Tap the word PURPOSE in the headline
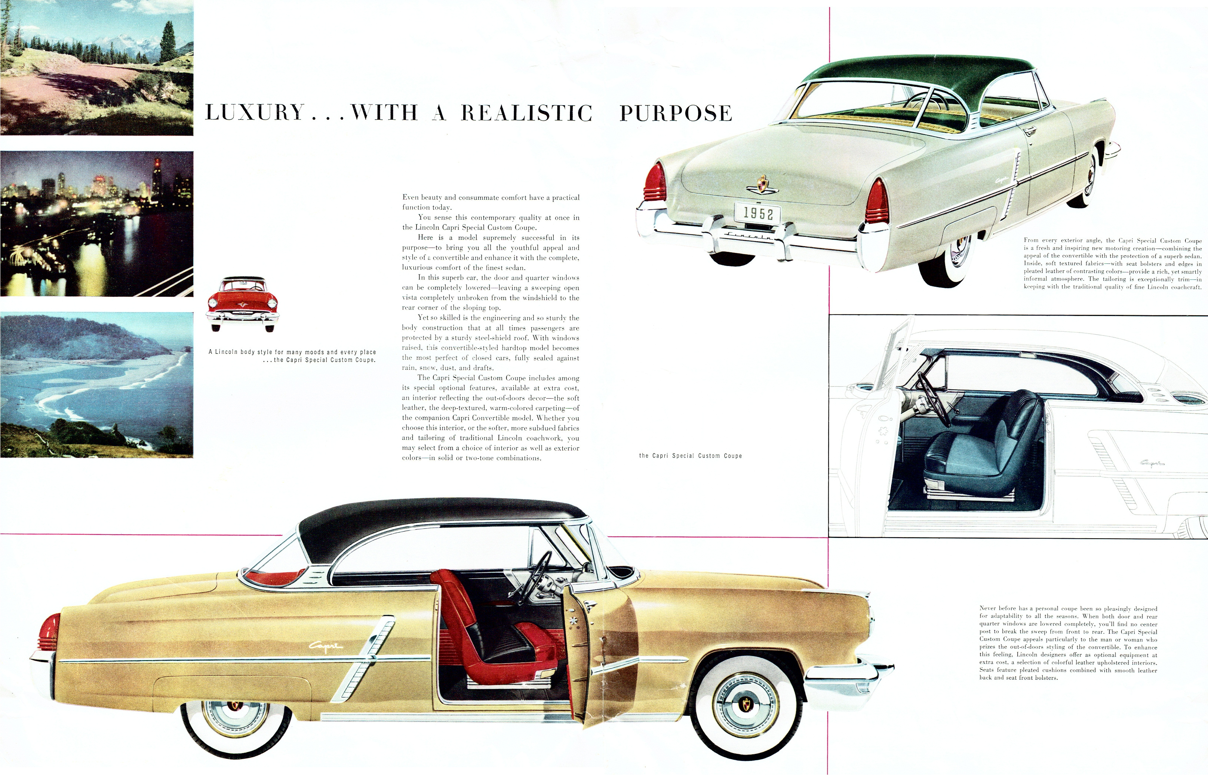pyautogui.click(x=676, y=113)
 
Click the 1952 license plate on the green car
pyautogui.click(x=757, y=213)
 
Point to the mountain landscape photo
pyautogui.click(x=97, y=67)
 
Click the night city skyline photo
pyautogui.click(x=97, y=223)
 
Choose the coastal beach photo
pyautogui.click(x=97, y=385)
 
